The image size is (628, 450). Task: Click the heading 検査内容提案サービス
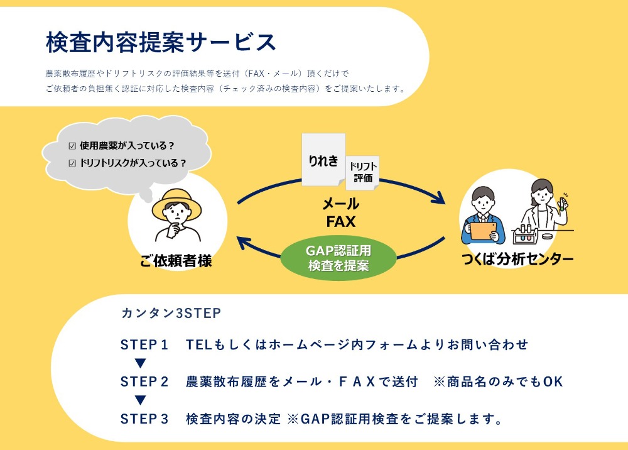point(161,42)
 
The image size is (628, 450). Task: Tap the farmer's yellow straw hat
point(176,202)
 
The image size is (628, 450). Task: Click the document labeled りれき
point(323,160)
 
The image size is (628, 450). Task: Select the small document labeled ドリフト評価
point(362,172)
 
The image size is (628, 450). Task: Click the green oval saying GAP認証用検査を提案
point(338,258)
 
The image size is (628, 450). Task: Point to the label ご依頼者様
point(176,261)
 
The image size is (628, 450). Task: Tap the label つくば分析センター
point(517,259)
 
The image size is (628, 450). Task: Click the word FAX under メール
point(341,222)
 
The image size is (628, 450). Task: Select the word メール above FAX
point(341,204)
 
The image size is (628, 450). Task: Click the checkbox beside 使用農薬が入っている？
point(72,146)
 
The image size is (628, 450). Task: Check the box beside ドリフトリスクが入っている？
point(72,163)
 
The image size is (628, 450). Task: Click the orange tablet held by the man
point(483,231)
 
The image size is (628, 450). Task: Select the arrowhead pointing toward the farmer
point(243,243)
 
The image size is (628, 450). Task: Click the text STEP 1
point(144,344)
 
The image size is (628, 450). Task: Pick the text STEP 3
point(144,419)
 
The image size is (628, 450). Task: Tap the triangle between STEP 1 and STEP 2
point(140,363)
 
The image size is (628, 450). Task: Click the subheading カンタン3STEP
point(171,313)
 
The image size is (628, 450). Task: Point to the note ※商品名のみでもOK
point(498,381)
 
